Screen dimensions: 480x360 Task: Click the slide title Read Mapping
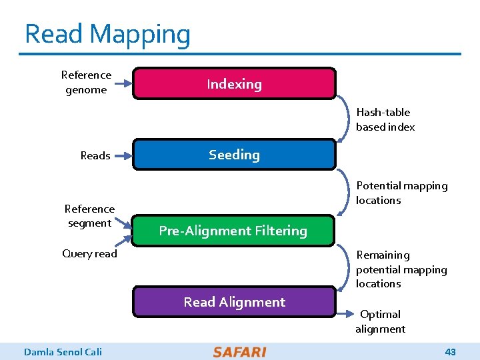tap(107, 34)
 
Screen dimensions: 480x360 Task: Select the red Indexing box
tap(234, 84)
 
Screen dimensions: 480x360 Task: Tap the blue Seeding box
tap(234, 155)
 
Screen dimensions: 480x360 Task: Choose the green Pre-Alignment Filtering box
tap(233, 231)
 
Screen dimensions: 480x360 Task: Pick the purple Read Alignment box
tap(234, 302)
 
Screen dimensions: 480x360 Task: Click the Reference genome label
tap(86, 83)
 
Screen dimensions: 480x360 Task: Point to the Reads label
tap(95, 156)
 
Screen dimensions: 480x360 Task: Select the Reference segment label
tap(89, 216)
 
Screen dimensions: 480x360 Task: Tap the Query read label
tap(89, 253)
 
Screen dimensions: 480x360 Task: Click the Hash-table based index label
tap(385, 119)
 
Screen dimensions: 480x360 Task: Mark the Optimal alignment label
tap(380, 321)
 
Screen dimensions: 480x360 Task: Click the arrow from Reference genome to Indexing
tap(123, 83)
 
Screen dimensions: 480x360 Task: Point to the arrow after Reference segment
tap(123, 223)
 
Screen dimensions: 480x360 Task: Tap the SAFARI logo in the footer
tap(240, 352)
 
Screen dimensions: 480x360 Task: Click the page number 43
tap(450, 352)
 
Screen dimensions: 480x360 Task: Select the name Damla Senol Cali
tap(63, 352)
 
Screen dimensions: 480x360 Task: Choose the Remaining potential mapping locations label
tap(401, 269)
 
